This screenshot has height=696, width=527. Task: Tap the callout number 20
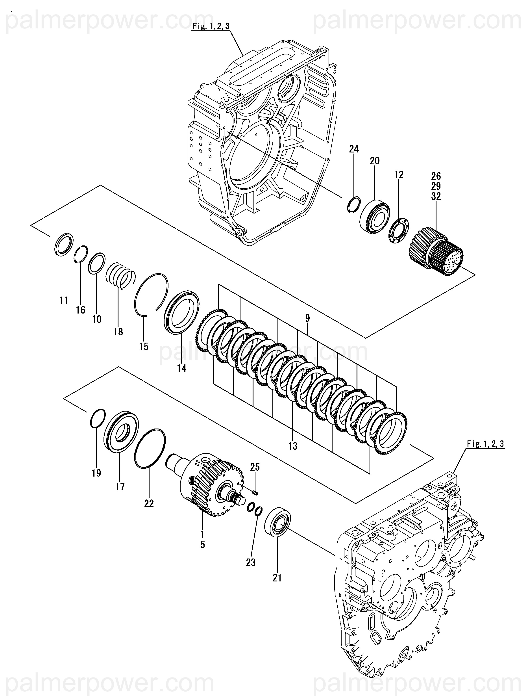tap(375, 161)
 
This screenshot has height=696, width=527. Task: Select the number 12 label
tap(398, 175)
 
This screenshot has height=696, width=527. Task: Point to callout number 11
tap(64, 301)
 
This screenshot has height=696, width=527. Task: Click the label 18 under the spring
tap(118, 331)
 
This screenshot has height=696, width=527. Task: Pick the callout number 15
tap(144, 346)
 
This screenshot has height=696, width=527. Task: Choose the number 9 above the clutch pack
tap(307, 318)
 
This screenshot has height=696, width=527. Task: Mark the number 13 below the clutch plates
tap(292, 446)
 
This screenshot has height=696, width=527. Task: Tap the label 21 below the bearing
tap(277, 578)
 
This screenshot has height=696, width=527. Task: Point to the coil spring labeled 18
tap(120, 276)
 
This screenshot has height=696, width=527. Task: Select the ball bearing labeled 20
tap(375, 217)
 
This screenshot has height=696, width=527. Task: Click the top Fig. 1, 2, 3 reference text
tap(211, 26)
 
